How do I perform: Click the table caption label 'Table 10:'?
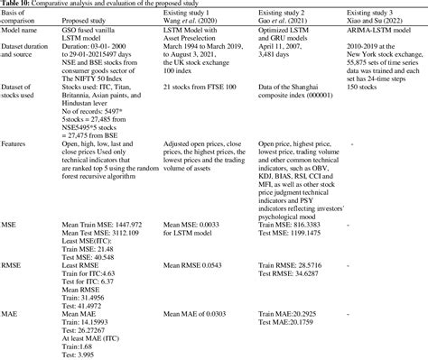20,5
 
